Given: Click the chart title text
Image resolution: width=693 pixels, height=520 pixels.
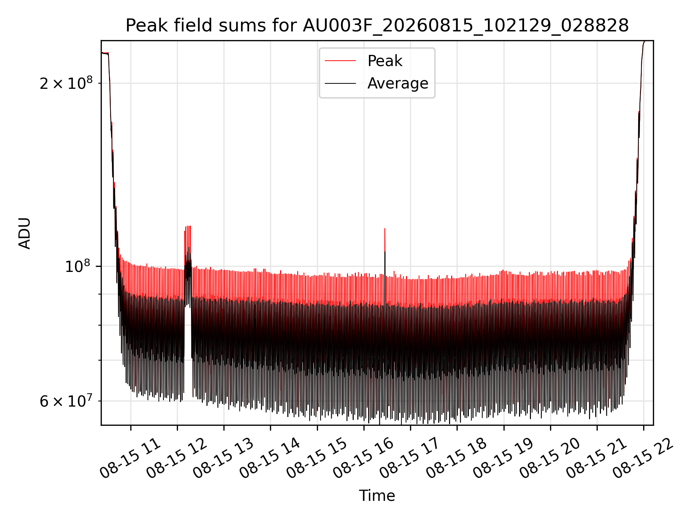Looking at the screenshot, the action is point(377,26).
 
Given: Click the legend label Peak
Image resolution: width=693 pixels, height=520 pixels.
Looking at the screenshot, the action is point(385,61).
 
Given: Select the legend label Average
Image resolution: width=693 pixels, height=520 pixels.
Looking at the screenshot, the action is point(398,83).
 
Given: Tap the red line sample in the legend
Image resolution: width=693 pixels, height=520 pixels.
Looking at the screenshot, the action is point(340,61).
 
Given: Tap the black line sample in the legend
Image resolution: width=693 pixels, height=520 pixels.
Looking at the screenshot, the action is point(340,83).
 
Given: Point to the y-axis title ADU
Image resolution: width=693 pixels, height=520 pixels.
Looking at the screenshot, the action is point(25,233).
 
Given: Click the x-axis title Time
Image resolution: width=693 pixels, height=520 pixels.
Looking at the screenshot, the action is point(377,496).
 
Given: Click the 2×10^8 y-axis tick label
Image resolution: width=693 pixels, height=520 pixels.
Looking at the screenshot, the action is point(66,83).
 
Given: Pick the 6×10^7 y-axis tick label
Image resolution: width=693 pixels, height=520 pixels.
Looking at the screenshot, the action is point(66,401).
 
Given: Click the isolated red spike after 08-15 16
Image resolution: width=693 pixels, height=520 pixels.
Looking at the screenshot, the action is point(385,240).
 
